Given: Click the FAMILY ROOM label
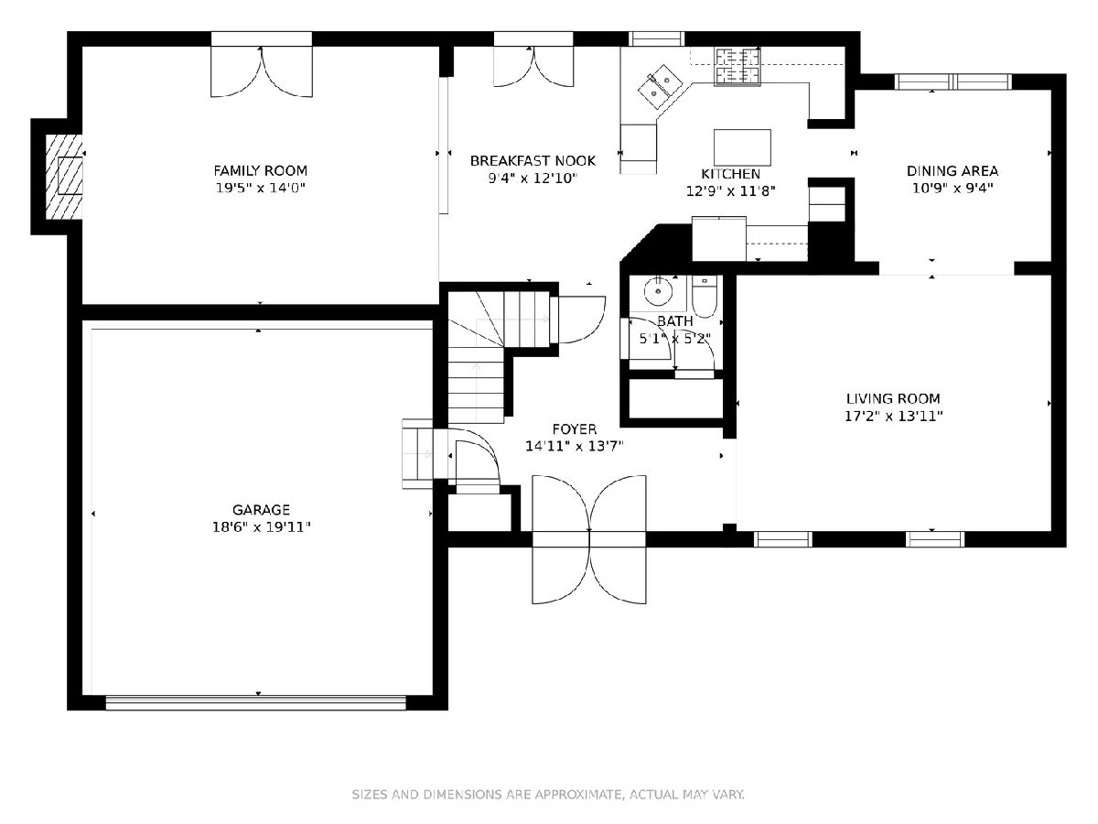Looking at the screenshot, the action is (260, 171).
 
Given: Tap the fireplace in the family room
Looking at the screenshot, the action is (64, 176).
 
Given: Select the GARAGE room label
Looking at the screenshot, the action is (261, 510).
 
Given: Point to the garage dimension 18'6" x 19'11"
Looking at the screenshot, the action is (261, 527).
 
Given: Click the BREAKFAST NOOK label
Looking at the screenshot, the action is (533, 160).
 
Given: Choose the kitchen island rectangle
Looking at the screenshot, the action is (742, 147).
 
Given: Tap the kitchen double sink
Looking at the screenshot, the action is (659, 86).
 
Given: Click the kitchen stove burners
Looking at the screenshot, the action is (737, 66).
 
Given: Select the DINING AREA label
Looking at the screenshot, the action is (953, 171).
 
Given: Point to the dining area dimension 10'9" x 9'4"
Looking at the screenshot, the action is (953, 189).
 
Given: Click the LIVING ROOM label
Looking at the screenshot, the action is (893, 399).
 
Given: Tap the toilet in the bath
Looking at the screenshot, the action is (705, 296).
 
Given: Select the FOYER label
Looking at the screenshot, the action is (575, 429).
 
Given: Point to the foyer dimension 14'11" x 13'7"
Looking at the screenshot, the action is (575, 446).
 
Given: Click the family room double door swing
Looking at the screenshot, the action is (262, 71).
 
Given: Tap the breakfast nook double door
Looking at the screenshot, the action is (533, 67).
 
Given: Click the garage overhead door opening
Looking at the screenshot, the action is (255, 702).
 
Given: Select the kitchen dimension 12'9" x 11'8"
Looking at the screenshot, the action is (730, 191).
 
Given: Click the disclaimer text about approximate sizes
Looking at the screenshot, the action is (548, 795).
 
